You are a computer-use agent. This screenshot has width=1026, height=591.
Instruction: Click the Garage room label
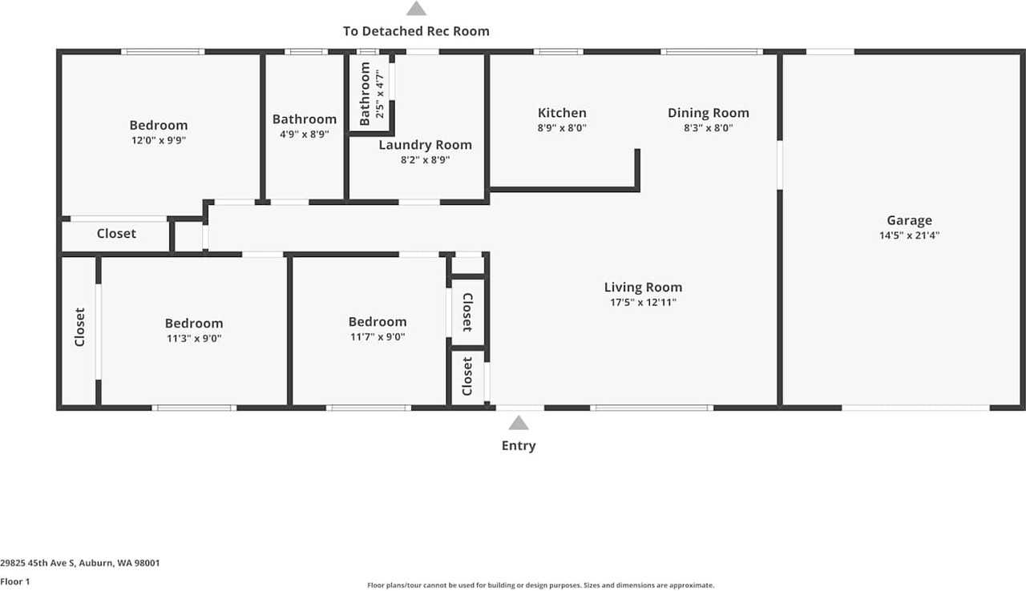[909, 220]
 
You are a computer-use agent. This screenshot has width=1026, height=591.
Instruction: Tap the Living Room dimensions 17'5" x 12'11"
[643, 303]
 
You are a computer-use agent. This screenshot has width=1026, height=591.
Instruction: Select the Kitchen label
[562, 113]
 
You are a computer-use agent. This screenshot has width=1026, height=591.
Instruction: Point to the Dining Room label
[709, 113]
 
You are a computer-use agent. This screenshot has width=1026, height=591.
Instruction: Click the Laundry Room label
[425, 145]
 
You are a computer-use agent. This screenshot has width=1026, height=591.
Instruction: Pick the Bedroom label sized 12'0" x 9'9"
[159, 125]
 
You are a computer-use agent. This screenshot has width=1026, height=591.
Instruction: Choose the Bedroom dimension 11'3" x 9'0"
[194, 338]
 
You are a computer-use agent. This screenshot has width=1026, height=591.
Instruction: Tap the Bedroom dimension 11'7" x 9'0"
[378, 337]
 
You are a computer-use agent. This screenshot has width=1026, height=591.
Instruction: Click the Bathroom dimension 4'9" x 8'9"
[305, 135]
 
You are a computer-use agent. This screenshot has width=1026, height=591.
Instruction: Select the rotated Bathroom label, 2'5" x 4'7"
[366, 94]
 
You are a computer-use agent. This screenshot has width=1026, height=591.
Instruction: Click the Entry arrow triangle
[519, 423]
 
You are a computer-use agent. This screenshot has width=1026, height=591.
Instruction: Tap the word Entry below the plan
[519, 446]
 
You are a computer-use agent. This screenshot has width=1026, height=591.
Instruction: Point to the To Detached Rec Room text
[416, 31]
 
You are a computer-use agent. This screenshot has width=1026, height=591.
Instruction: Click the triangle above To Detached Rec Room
[416, 9]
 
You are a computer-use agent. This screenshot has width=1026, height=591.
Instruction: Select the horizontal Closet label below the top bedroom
[116, 234]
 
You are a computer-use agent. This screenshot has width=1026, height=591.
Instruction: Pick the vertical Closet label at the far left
[79, 327]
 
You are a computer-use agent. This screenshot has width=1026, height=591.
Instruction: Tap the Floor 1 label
[15, 582]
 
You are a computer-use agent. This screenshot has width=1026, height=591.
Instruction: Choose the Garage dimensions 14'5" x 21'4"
[909, 235]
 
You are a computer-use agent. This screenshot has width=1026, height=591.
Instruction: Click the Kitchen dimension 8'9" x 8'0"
[562, 128]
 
